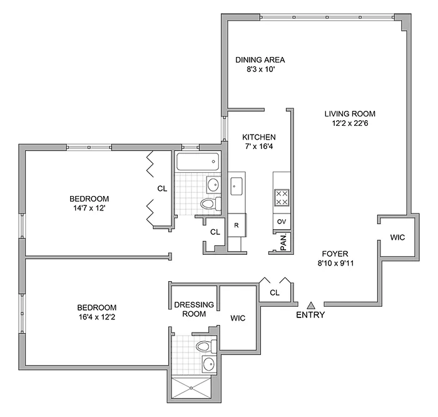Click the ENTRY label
point(310,315)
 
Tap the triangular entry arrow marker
point(310,304)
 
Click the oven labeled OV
point(281,222)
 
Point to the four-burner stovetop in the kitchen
point(281,198)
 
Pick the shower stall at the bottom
point(191,389)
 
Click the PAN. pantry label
point(282,241)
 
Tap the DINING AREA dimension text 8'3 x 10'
point(260,71)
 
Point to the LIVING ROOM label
point(349,114)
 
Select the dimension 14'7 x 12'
point(90,209)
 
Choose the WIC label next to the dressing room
point(237,318)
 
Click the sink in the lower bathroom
point(208,364)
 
